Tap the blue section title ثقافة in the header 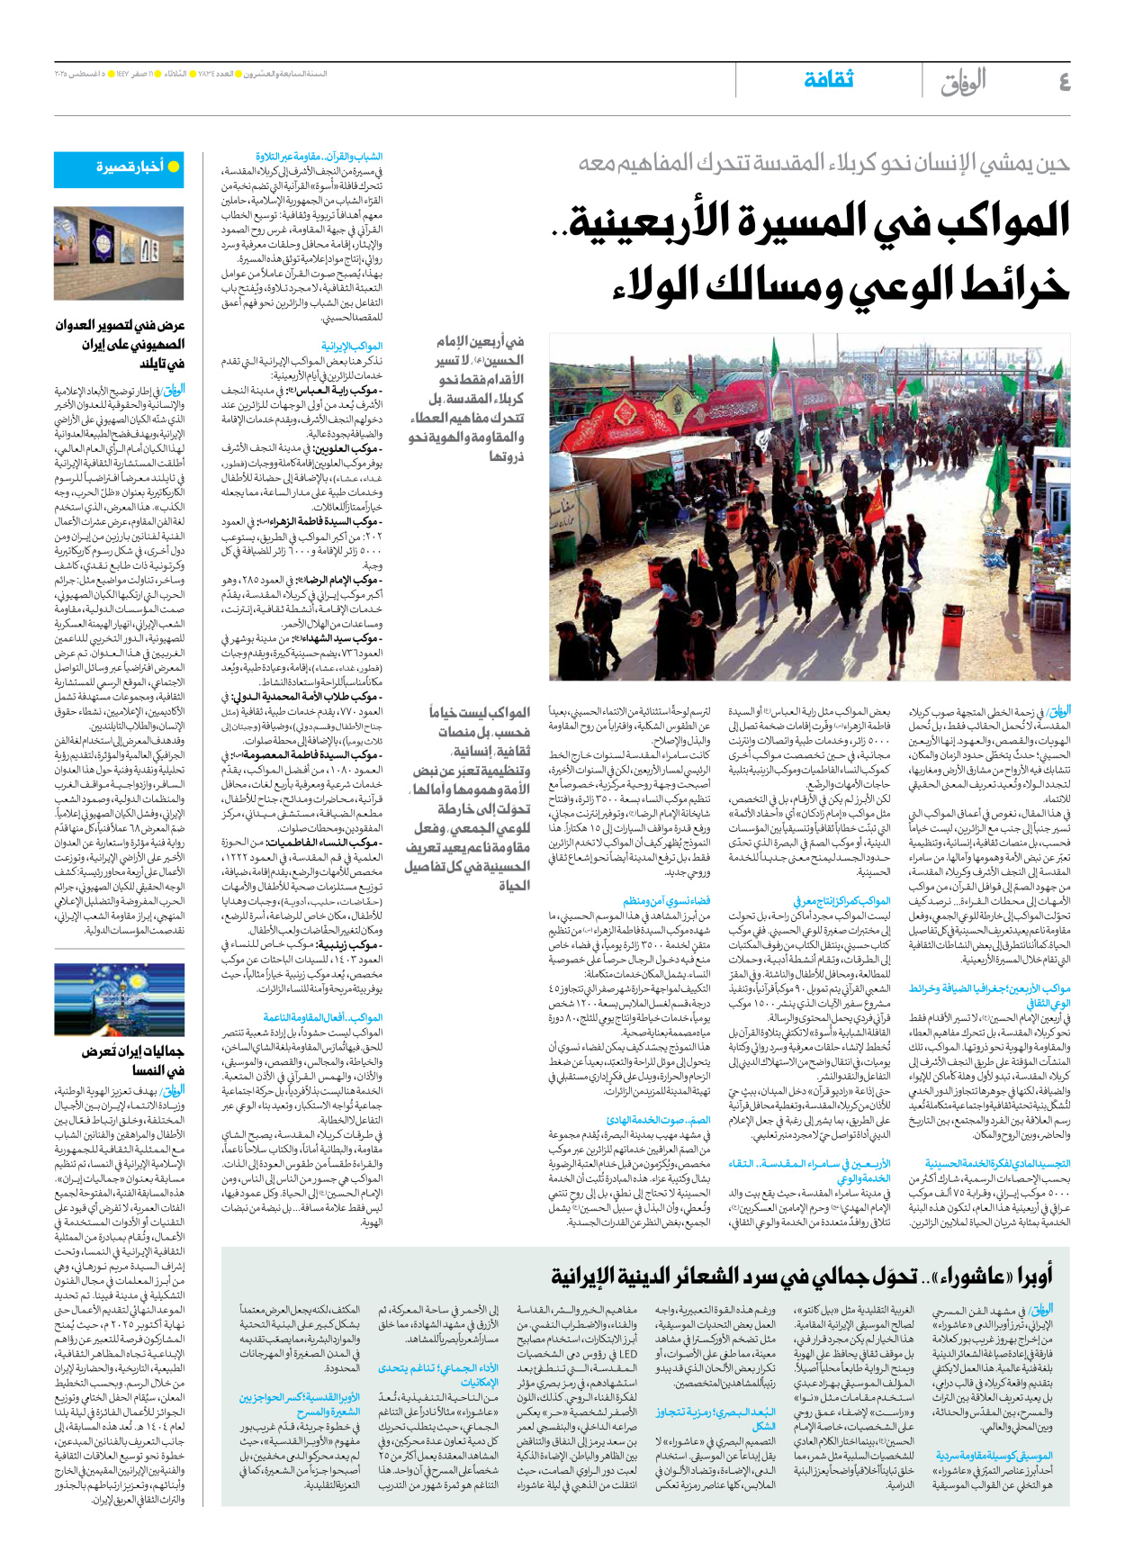point(828,80)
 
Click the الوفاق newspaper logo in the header point(963,83)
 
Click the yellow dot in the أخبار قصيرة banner point(174,167)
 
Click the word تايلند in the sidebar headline point(162,364)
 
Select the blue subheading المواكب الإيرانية point(352,346)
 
